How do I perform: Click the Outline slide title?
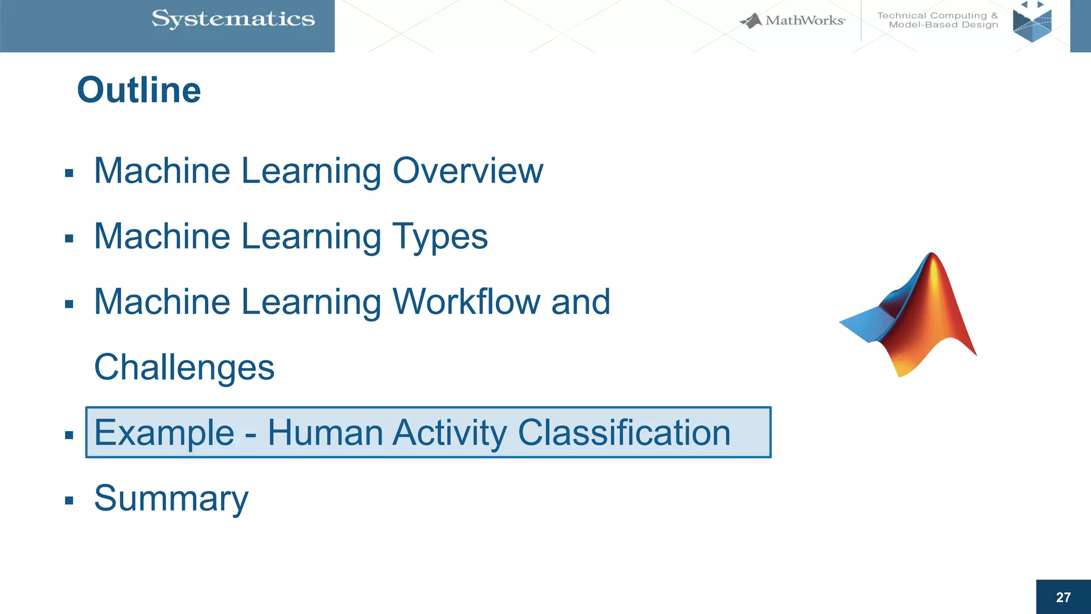pyautogui.click(x=139, y=90)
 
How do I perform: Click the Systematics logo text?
pyautogui.click(x=233, y=19)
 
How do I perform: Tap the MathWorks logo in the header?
pyautogui.click(x=793, y=21)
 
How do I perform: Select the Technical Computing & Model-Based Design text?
pyautogui.click(x=938, y=20)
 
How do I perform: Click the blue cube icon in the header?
pyautogui.click(x=1032, y=23)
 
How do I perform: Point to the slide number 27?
pyautogui.click(x=1063, y=597)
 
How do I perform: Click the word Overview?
pyautogui.click(x=468, y=171)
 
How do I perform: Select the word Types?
pyautogui.click(x=440, y=237)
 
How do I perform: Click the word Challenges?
pyautogui.click(x=184, y=368)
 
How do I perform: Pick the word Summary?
pyautogui.click(x=171, y=498)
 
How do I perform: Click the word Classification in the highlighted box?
pyautogui.click(x=624, y=432)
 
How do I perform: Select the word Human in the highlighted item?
pyautogui.click(x=325, y=432)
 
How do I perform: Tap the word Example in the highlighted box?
pyautogui.click(x=164, y=432)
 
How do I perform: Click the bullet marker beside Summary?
pyautogui.click(x=69, y=500)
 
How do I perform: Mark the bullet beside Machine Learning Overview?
pyautogui.click(x=69, y=173)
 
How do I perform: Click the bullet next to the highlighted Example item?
pyautogui.click(x=69, y=435)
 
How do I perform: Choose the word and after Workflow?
pyautogui.click(x=581, y=302)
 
